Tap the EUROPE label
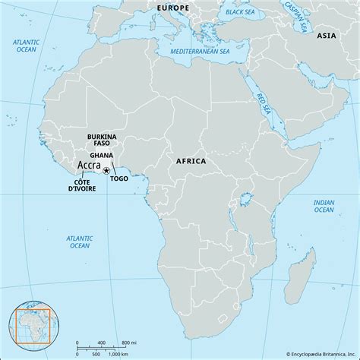174,7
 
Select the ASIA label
327,36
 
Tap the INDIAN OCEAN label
325,207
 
